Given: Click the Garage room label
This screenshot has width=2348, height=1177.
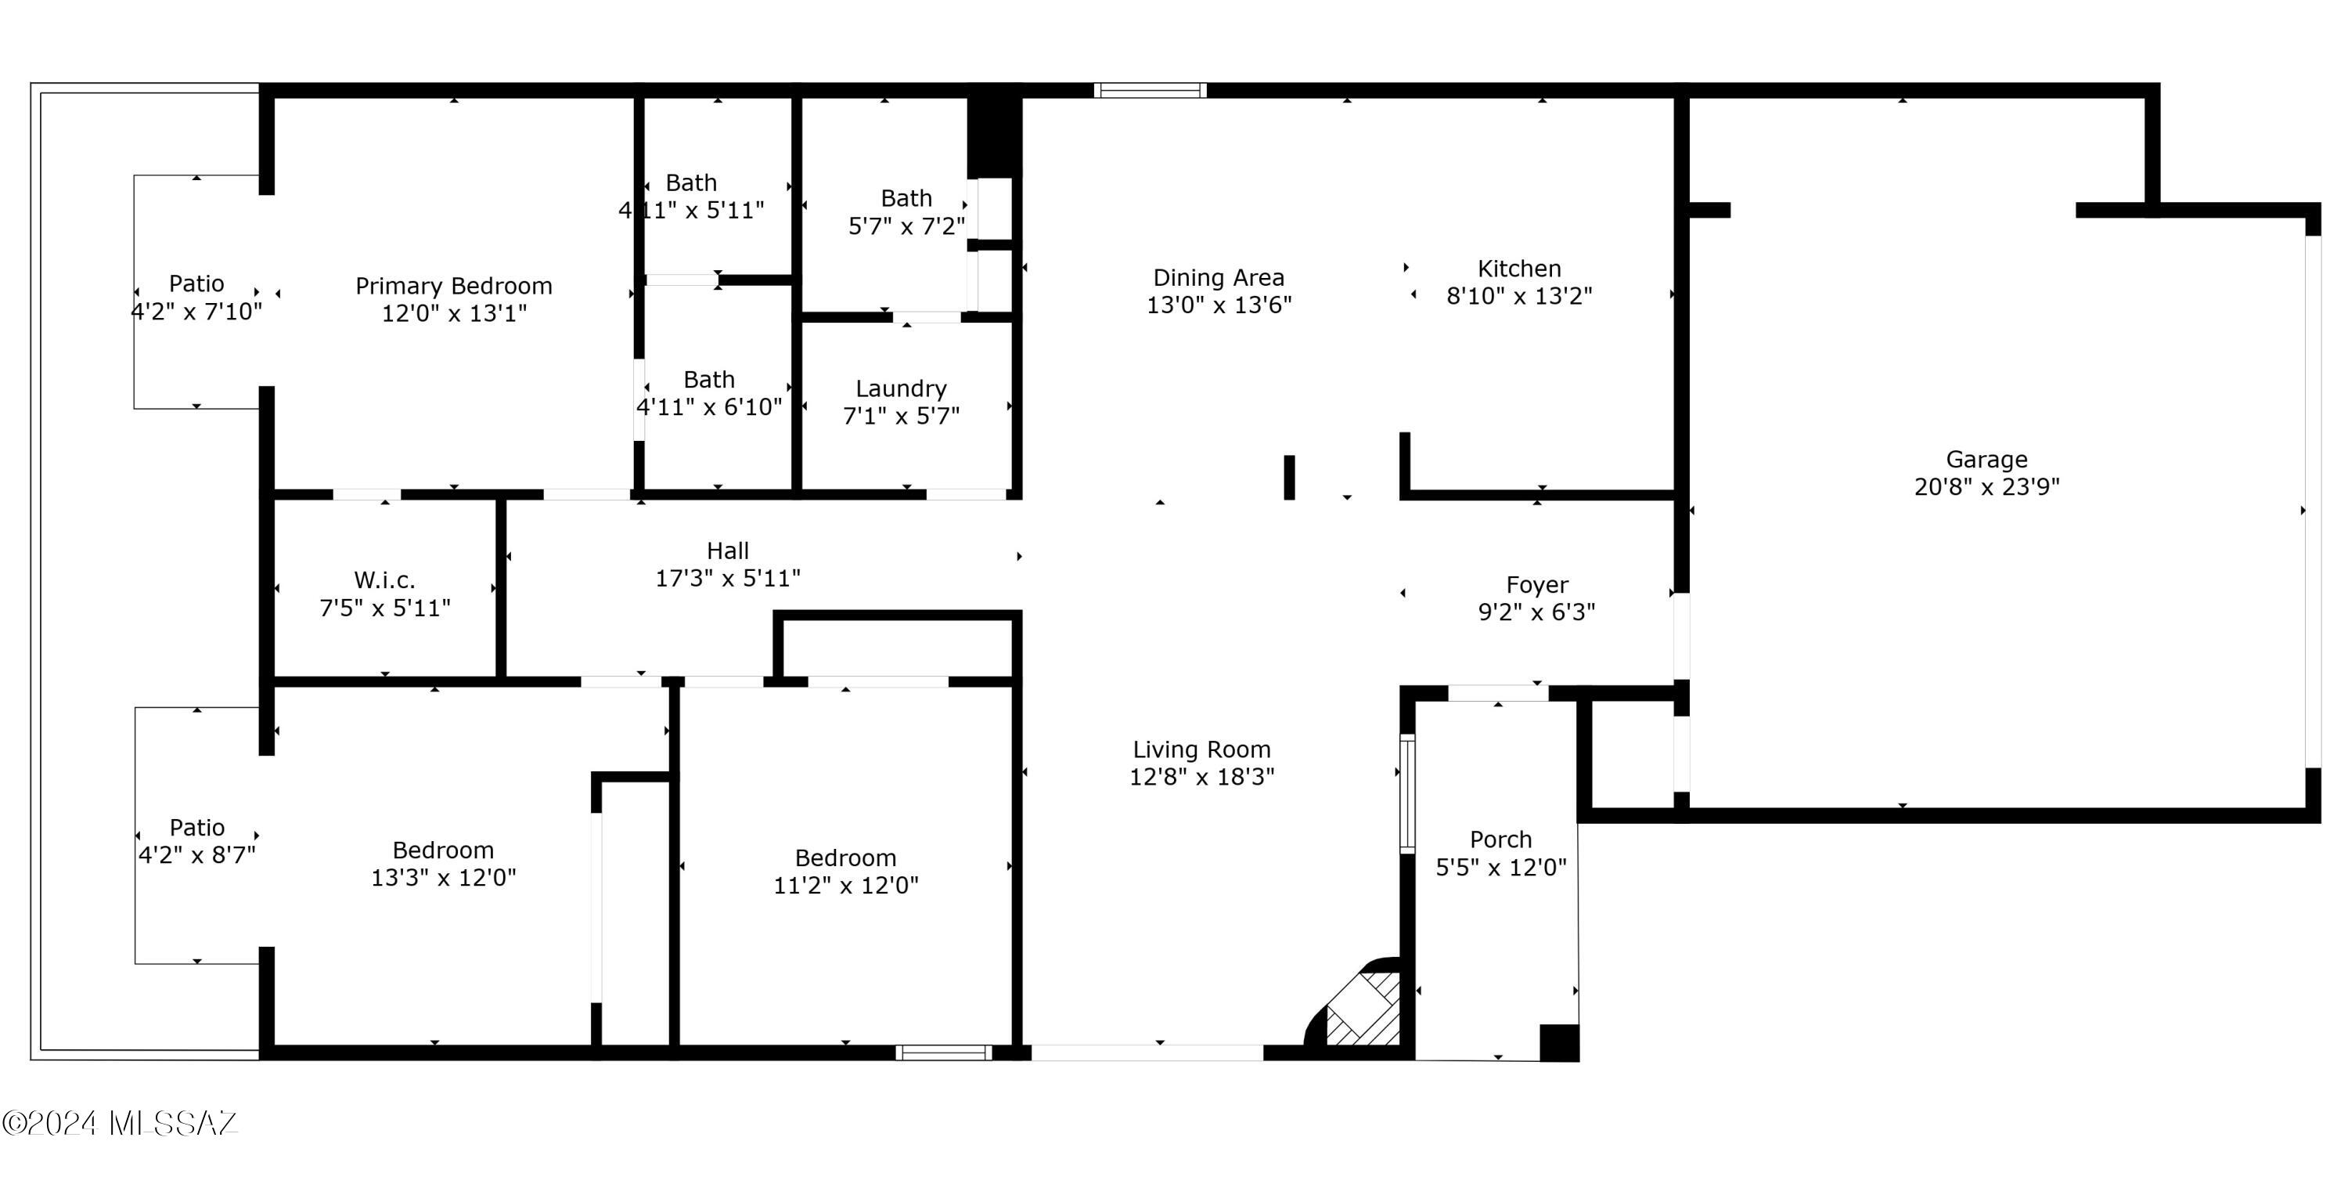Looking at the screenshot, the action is coord(1986,460).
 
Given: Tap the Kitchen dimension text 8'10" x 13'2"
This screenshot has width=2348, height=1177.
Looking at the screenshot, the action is coord(1519,296).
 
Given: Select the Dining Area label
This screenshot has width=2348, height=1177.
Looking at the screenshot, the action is coord(1219,278).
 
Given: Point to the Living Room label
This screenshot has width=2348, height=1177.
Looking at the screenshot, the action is coord(1201,750).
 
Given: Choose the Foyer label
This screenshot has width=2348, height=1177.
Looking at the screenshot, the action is coord(1537,585).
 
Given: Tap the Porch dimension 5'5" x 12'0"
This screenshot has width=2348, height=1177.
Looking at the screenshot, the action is coord(1500,868).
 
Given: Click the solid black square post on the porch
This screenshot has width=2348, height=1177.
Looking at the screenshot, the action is coord(1558,1043).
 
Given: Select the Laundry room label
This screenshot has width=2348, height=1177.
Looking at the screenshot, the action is coord(901,389).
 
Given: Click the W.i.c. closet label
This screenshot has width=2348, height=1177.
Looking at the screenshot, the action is coord(384,579).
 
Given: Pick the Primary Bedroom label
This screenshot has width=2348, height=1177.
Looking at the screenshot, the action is coord(454,287).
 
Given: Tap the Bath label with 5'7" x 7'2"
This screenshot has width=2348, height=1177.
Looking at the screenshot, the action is coord(906,199).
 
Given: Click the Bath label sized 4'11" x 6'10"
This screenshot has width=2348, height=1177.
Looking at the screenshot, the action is coord(709,379).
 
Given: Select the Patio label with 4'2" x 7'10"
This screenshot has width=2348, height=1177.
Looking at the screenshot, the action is coord(197,283).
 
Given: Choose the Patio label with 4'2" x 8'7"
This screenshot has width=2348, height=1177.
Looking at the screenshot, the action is coord(197,828).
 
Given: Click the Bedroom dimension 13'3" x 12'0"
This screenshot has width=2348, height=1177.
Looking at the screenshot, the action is coord(444,878).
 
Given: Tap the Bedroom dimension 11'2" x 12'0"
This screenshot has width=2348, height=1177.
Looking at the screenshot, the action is coord(846,885).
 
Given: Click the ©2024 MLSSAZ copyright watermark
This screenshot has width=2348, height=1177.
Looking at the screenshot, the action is coord(120,1122).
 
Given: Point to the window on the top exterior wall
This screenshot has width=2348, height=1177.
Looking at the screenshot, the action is coord(1151,90).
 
